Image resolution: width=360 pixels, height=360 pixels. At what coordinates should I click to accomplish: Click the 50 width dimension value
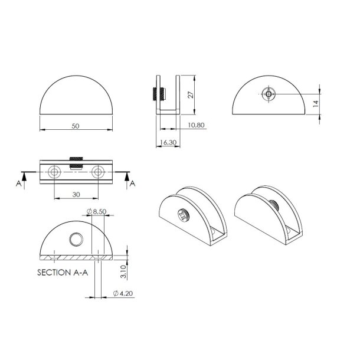[76, 126]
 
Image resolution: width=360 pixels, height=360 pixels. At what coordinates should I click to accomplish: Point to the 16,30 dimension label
[168, 142]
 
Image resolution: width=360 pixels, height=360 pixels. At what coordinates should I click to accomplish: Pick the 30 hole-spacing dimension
[76, 194]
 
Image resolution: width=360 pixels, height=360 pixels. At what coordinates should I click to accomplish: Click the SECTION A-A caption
[61, 273]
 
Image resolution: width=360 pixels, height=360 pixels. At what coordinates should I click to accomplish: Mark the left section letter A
[19, 184]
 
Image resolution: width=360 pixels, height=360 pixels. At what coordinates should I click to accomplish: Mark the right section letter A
[132, 184]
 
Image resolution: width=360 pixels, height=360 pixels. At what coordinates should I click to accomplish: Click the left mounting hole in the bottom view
[54, 172]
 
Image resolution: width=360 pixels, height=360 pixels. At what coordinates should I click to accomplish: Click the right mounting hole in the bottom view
[99, 172]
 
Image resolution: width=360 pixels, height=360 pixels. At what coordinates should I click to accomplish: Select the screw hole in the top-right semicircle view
[269, 94]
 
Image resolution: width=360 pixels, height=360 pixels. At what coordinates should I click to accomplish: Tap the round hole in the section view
[76, 239]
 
